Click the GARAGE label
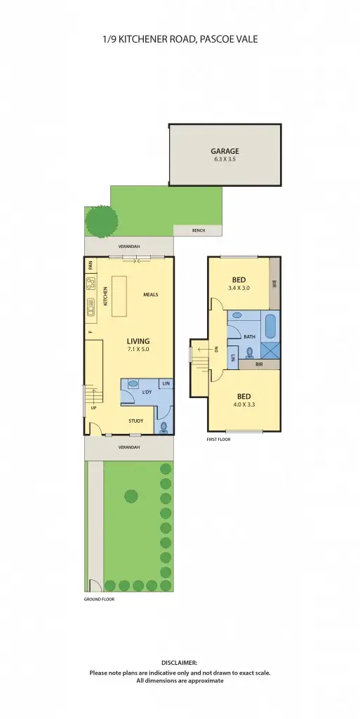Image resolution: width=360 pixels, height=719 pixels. [x=225, y=151]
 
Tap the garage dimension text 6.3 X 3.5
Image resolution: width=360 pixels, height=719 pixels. [x=225, y=159]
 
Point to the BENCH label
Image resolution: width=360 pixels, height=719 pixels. [x=200, y=231]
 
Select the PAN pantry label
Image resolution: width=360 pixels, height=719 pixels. [x=91, y=266]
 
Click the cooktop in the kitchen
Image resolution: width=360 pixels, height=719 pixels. [x=91, y=284]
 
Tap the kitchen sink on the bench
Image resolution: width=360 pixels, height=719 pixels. [x=91, y=307]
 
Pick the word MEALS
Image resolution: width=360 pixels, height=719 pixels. [x=150, y=295]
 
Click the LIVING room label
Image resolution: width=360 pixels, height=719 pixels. [x=138, y=341]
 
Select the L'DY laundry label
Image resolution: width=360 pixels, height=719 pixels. [x=147, y=392]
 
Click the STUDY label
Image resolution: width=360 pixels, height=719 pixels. [x=135, y=421]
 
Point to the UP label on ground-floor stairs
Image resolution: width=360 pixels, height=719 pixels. [x=93, y=408]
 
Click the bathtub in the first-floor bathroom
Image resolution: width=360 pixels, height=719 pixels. [x=270, y=328]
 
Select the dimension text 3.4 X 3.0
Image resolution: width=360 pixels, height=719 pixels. [x=239, y=288]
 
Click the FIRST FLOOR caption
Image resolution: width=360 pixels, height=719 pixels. [x=218, y=440]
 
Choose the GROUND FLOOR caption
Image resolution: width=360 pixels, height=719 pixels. [x=99, y=600]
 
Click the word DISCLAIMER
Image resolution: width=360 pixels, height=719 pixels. [x=180, y=662]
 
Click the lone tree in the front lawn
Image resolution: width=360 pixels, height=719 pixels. [x=131, y=496]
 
